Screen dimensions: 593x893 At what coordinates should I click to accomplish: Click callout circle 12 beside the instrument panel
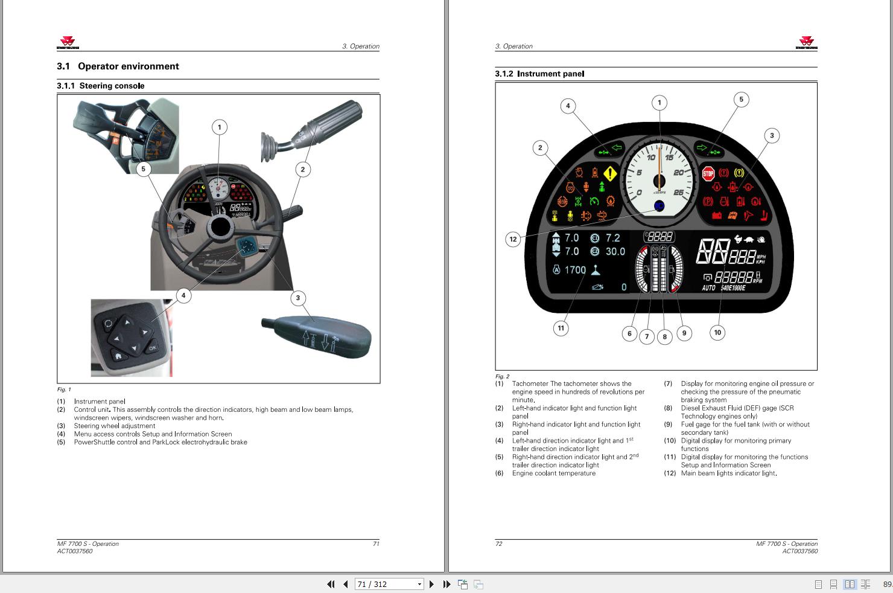[513, 239]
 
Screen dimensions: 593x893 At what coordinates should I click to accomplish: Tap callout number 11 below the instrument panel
[561, 328]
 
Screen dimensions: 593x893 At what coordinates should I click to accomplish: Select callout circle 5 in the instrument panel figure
[741, 100]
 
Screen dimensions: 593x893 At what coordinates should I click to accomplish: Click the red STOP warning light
[708, 175]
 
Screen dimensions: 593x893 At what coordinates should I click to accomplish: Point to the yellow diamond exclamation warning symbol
[610, 175]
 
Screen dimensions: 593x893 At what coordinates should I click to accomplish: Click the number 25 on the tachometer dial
[678, 193]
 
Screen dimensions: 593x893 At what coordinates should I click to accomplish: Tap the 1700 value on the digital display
[575, 270]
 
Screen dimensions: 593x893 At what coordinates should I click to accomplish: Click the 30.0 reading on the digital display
[615, 251]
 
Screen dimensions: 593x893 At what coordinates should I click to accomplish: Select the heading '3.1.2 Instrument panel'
[539, 74]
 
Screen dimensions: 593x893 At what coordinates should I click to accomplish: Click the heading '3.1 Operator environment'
[118, 66]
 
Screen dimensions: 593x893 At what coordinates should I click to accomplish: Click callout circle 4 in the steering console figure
[183, 295]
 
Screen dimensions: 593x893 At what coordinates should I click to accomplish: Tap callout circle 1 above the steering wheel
[220, 127]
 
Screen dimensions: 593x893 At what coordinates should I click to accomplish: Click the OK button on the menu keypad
[152, 348]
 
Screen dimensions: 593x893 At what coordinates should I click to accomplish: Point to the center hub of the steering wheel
[220, 226]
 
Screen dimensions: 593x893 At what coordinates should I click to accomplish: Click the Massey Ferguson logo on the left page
[68, 43]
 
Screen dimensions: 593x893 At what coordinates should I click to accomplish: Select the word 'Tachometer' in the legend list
[530, 383]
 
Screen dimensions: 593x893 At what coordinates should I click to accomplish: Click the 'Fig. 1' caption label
[64, 389]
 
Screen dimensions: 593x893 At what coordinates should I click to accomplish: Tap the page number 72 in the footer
[498, 543]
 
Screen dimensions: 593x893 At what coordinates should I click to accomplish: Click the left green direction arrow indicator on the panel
[617, 147]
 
